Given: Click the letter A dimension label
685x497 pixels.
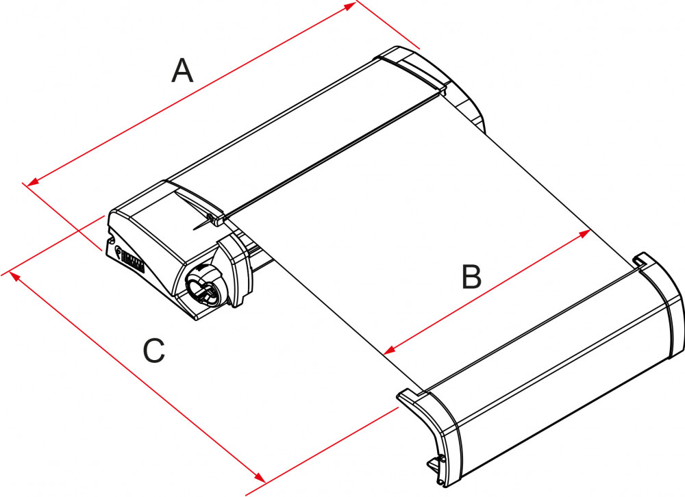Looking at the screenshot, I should click(182, 71).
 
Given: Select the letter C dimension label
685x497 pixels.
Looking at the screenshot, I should click(154, 351).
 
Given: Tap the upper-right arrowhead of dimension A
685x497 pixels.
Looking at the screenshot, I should click(351, 5).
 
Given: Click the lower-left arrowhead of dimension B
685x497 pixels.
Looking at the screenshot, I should click(389, 350).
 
